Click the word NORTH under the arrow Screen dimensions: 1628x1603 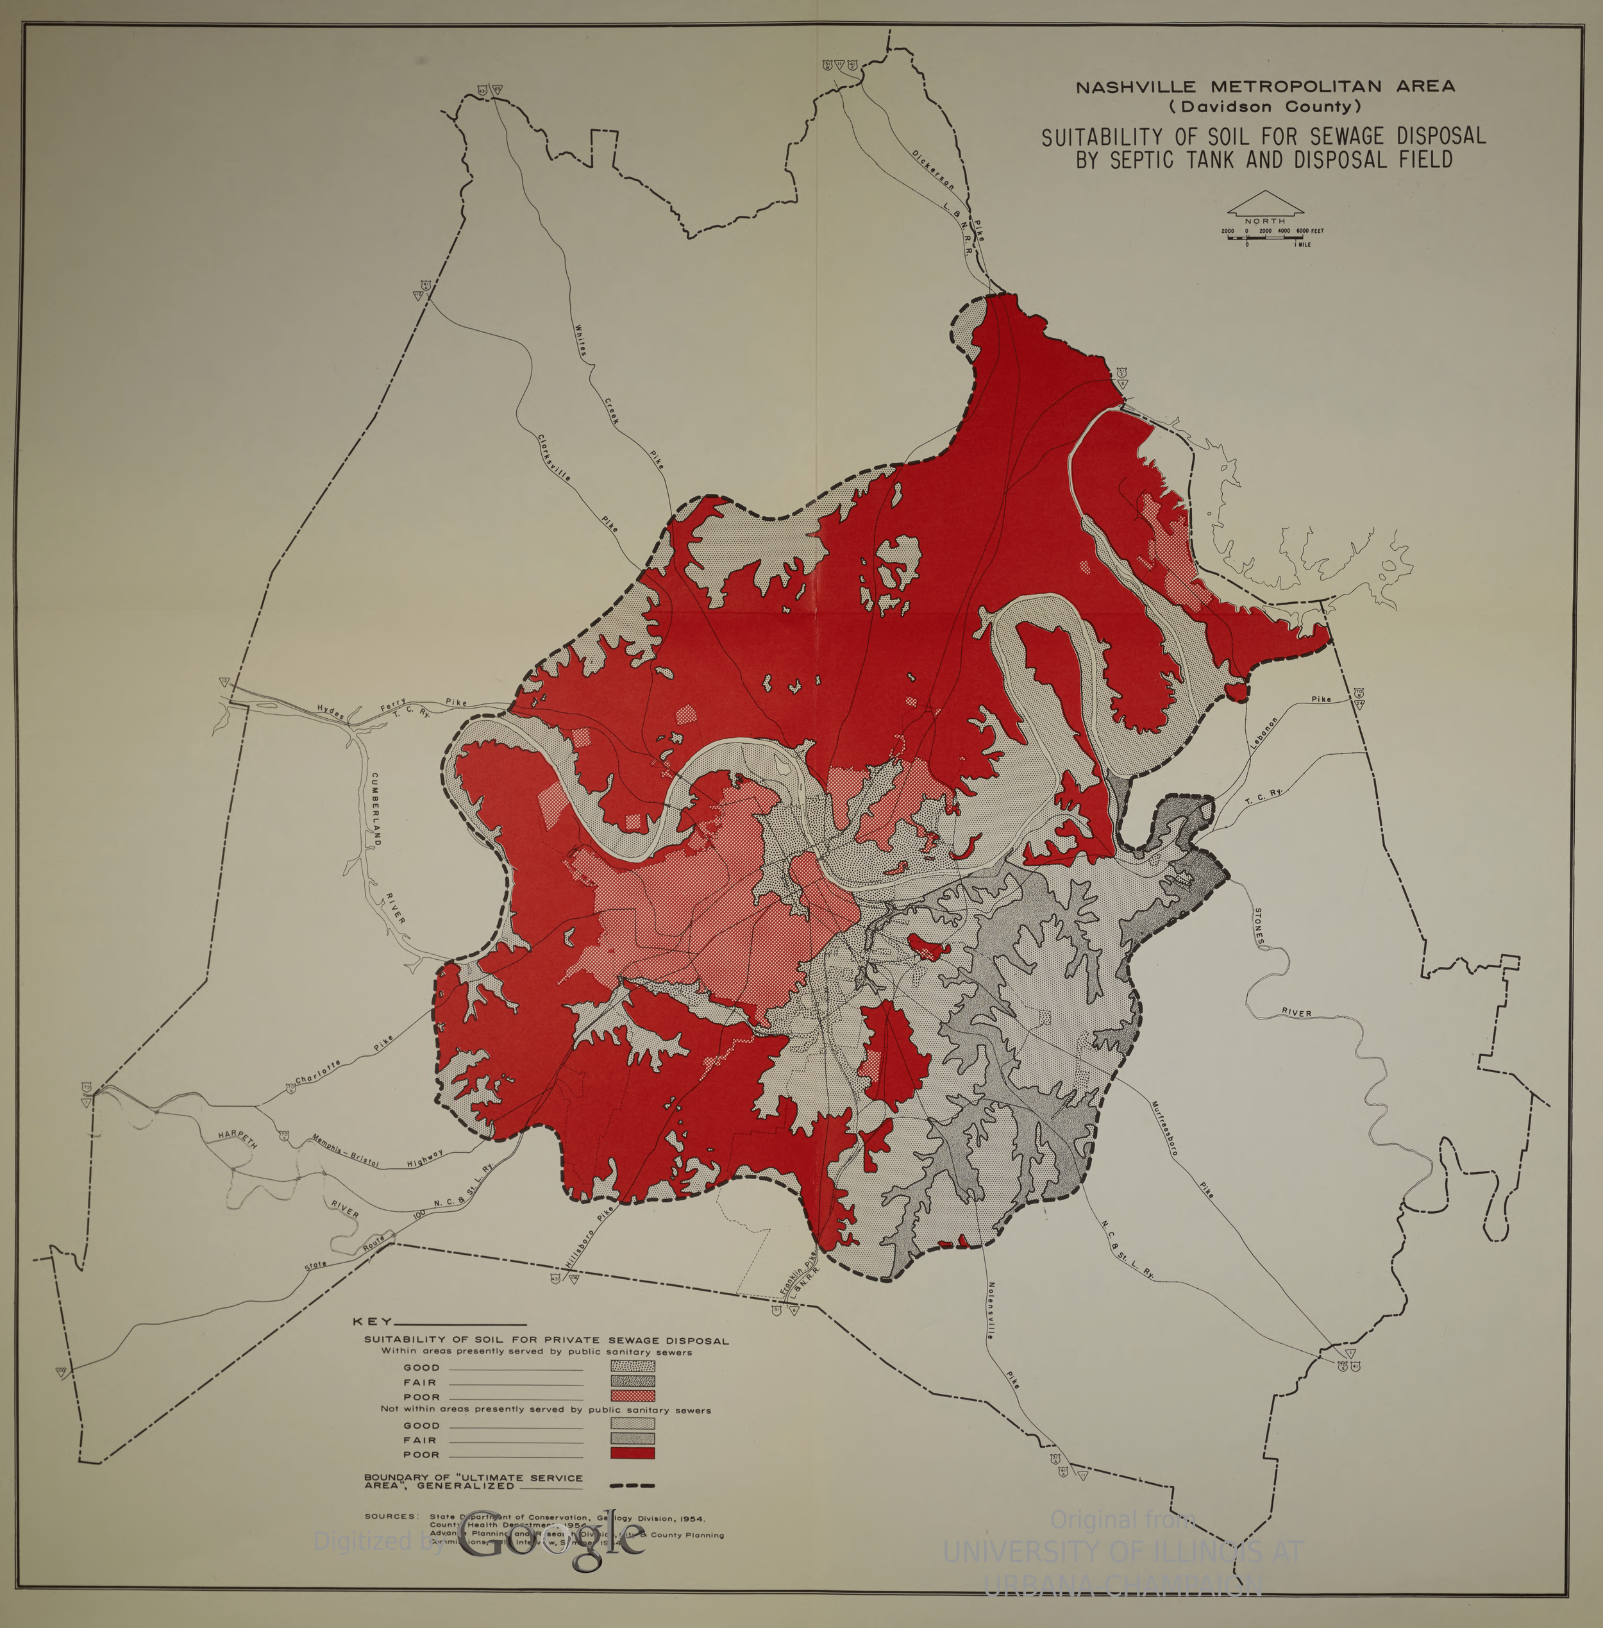click(1264, 221)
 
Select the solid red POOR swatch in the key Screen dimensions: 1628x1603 click(632, 1454)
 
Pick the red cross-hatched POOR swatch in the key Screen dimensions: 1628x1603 click(632, 1397)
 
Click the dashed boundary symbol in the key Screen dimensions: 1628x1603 click(632, 1486)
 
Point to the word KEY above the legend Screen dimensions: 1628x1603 click(372, 1322)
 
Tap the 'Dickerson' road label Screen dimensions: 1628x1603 click(933, 169)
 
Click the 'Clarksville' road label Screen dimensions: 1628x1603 click(555, 458)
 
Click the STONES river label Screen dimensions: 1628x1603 click(1259, 927)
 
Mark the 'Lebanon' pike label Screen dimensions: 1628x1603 click(1263, 732)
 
